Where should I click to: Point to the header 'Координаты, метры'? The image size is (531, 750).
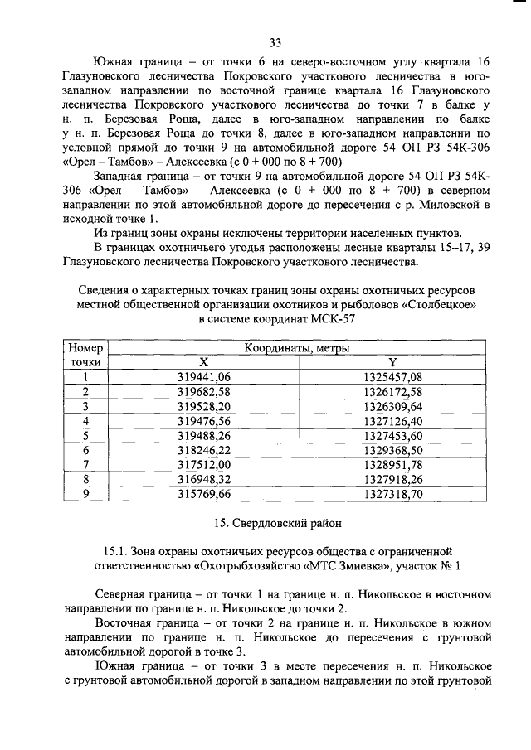tap(298, 348)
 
